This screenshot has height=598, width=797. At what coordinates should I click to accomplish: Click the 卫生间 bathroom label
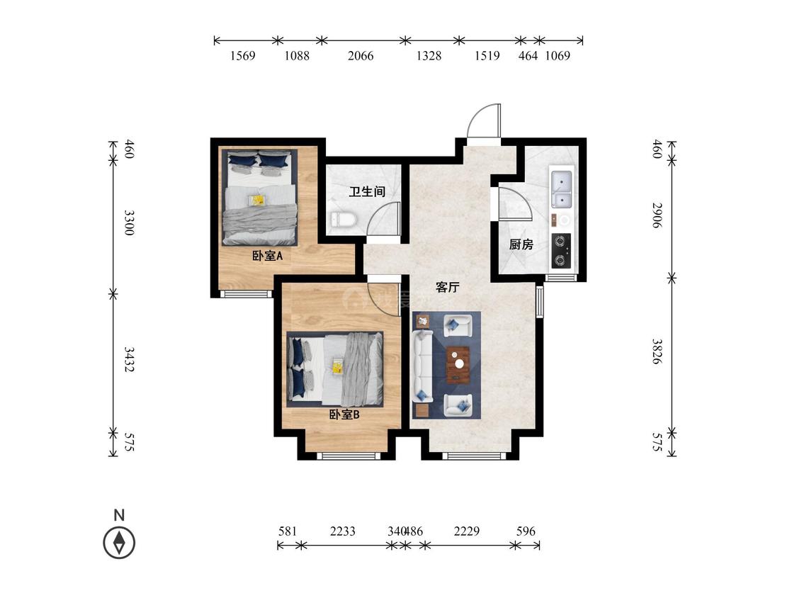pos(367,192)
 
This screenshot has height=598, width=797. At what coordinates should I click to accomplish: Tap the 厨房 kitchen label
pos(521,244)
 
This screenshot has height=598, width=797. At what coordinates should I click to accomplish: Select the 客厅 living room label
pos(448,287)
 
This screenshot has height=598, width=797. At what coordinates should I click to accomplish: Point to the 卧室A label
pos(267,256)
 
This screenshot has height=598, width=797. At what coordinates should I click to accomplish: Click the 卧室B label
pos(344,414)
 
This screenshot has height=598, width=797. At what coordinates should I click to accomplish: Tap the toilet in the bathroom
pos(344,220)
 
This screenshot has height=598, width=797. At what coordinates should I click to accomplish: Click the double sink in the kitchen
pos(561,190)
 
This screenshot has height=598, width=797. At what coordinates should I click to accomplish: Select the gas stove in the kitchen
pos(560,251)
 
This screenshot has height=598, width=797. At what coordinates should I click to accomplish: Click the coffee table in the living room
pos(458,364)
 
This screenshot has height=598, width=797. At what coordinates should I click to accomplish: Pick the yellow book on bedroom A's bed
pos(257,200)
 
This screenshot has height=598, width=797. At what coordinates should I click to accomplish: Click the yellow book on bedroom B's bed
pos(337,366)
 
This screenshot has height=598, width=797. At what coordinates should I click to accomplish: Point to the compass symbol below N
pos(119,542)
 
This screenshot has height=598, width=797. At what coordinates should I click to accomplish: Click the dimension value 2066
pos(361,55)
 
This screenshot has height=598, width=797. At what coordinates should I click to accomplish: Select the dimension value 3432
pos(129,359)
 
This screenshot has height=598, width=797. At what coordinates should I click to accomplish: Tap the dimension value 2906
pos(657,215)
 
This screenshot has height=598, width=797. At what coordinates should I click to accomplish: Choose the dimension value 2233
pos(343,531)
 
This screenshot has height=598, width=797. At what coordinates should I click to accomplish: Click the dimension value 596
pos(526,531)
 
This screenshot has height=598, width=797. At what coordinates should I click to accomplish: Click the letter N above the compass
pos(119,515)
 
